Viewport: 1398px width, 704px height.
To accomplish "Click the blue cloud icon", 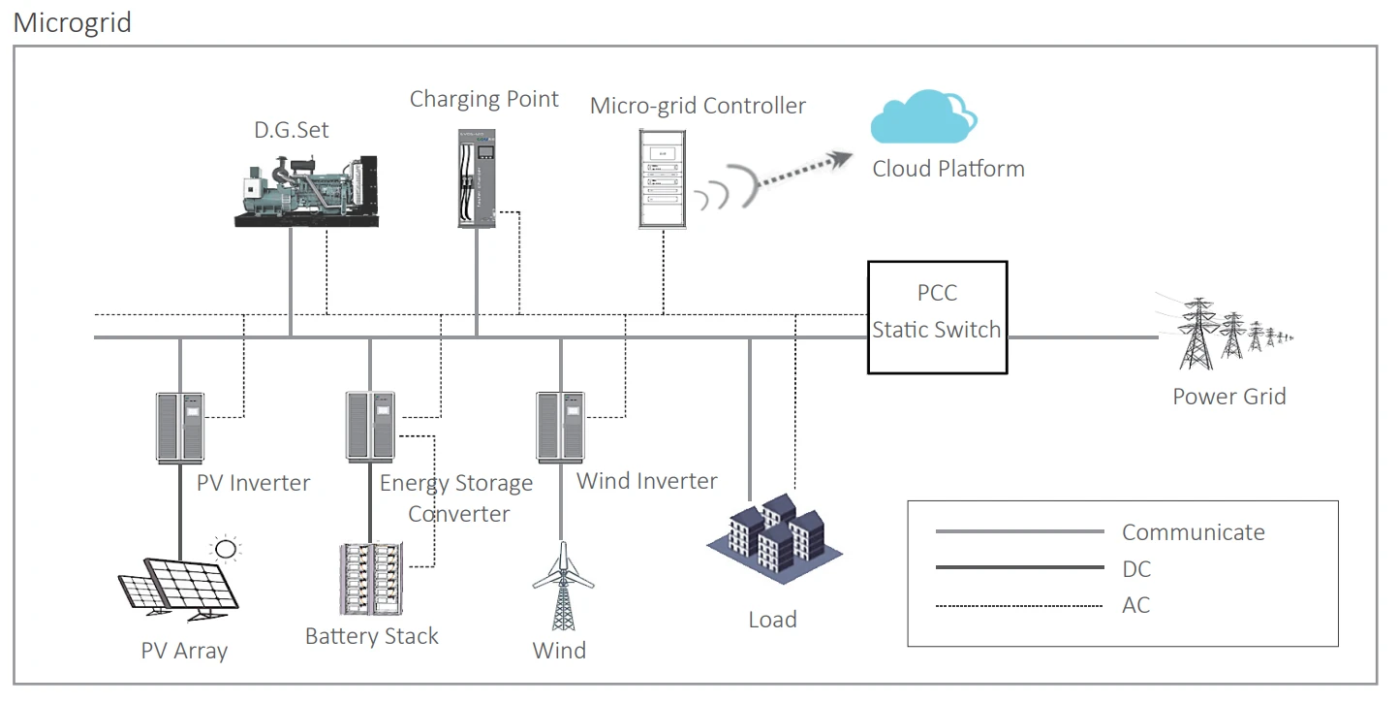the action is click(923, 116).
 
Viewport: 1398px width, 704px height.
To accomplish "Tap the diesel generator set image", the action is click(306, 190).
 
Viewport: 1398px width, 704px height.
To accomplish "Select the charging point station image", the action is click(477, 178).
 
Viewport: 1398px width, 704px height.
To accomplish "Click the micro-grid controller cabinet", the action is click(662, 178).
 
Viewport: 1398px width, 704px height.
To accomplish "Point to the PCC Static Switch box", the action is click(937, 317).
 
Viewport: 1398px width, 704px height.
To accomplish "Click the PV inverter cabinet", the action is click(180, 428).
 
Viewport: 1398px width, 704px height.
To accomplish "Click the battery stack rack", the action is click(371, 579).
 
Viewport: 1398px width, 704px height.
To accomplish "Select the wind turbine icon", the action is click(563, 586).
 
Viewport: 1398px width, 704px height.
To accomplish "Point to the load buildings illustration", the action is click(774, 538).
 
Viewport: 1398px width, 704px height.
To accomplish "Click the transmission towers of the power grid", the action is click(1224, 333).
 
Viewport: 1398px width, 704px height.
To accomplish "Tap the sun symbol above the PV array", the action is click(226, 549).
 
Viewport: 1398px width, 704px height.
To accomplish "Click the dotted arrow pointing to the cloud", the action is click(804, 170).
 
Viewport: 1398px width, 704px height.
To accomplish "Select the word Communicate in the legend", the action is click(1194, 532).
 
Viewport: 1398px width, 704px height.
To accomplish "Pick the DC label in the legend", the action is click(1136, 569).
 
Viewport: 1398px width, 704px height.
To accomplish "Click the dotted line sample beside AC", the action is click(1019, 605).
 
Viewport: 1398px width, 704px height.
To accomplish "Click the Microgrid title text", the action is click(73, 23).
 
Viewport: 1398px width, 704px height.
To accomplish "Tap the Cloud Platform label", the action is click(948, 169).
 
